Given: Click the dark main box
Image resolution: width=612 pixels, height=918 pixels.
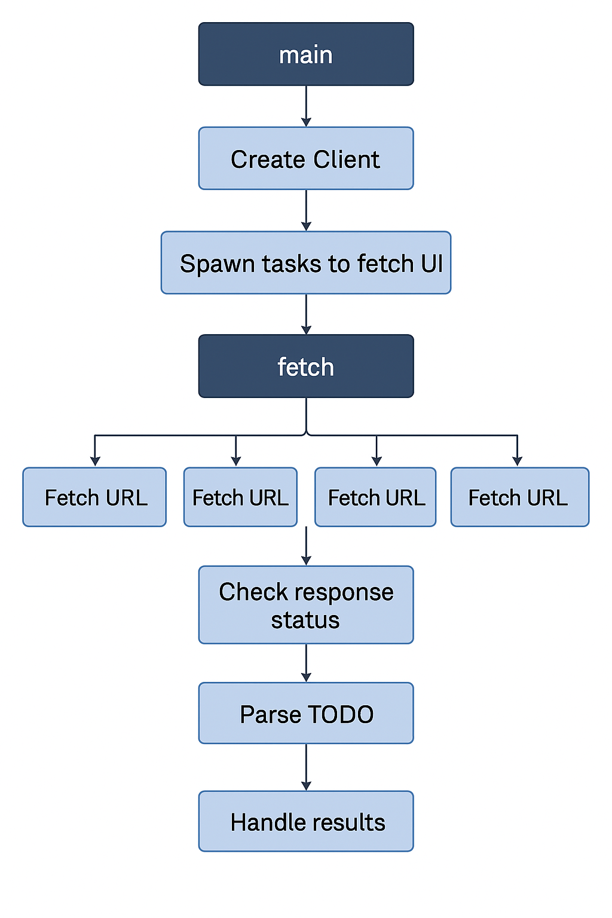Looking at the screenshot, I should (x=306, y=54).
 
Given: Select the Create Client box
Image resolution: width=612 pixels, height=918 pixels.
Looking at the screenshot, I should (x=306, y=158).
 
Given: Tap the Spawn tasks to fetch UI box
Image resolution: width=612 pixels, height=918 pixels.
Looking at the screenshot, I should (x=306, y=263).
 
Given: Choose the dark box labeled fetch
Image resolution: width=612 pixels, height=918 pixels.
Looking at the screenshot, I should (x=306, y=366).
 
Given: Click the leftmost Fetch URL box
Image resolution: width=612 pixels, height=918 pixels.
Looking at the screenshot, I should (x=94, y=497).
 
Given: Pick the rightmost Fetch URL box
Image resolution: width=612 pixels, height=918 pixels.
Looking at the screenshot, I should (x=519, y=497).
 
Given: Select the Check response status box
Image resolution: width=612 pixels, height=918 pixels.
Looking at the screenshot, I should (x=306, y=605).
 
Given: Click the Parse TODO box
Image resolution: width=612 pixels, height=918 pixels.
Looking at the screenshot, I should (x=306, y=714).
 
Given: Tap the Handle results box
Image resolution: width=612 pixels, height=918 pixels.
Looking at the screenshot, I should (x=306, y=821).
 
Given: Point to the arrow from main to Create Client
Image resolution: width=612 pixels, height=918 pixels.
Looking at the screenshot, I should (x=306, y=106).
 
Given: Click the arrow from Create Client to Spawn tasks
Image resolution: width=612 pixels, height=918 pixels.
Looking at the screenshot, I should (x=306, y=210).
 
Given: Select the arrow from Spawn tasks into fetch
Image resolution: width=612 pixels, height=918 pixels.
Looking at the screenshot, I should (x=306, y=314).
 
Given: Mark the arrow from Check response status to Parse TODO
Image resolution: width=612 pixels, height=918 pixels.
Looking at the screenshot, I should (x=306, y=663).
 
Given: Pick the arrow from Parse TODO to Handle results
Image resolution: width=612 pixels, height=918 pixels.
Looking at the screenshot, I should (x=306, y=767).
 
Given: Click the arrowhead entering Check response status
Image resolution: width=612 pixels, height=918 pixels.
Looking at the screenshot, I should (x=306, y=560).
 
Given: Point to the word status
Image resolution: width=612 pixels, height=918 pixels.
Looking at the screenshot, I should (x=305, y=620).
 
